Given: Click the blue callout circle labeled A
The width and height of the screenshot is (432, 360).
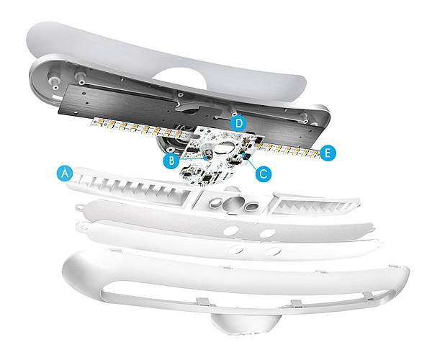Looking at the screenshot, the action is click(65, 174).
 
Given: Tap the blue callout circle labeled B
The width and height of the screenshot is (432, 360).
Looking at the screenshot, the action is click(171, 161).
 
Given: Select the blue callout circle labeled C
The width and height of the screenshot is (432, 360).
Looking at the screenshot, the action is click(263, 174).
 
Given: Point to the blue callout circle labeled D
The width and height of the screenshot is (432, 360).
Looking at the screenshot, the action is click(239, 123).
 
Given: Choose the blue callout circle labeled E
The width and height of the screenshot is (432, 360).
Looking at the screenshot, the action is click(328, 153).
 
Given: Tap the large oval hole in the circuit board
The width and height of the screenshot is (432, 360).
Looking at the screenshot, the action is click(225, 148).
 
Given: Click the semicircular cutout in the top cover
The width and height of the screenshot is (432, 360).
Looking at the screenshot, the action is click(179, 78).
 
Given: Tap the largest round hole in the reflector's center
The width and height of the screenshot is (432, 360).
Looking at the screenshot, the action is click(234, 204).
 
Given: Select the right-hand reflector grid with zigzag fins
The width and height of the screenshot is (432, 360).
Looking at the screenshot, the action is click(314, 205).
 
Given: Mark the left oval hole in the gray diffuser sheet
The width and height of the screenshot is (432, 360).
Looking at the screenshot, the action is click(230, 231).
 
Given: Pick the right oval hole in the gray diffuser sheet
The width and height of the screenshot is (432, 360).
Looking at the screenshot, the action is click(268, 233).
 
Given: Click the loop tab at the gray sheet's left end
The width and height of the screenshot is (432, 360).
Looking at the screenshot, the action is click(80, 206).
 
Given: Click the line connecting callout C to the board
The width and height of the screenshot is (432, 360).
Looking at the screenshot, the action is click(250, 162).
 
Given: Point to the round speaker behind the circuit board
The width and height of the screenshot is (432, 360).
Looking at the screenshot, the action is click(170, 140).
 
